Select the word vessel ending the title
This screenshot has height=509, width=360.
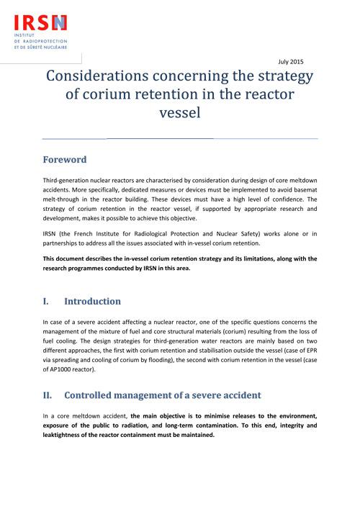[x=179, y=113]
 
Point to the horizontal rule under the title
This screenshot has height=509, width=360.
[x=179, y=138]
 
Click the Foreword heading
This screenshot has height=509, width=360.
[x=65, y=160]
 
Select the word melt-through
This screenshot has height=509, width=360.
[x=65, y=202]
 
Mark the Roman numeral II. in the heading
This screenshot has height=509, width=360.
[x=49, y=395]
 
